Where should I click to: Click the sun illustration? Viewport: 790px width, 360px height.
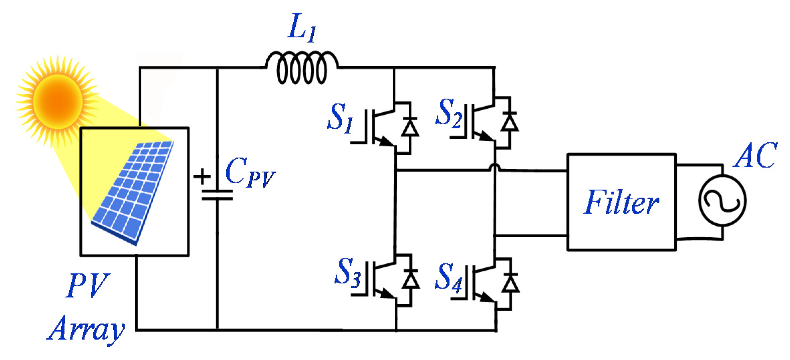57,101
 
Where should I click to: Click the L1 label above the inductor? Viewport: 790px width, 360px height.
301,28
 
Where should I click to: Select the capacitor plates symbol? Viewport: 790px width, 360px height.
217,195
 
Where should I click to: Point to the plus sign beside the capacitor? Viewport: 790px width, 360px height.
202,176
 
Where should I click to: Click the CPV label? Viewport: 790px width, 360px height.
249,173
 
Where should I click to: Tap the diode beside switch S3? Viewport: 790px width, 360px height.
411,279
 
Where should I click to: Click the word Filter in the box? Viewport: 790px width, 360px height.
622,202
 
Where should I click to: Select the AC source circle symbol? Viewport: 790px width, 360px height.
722,201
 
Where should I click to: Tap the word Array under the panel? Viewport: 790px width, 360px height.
86,329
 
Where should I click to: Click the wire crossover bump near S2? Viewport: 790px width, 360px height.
495,167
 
